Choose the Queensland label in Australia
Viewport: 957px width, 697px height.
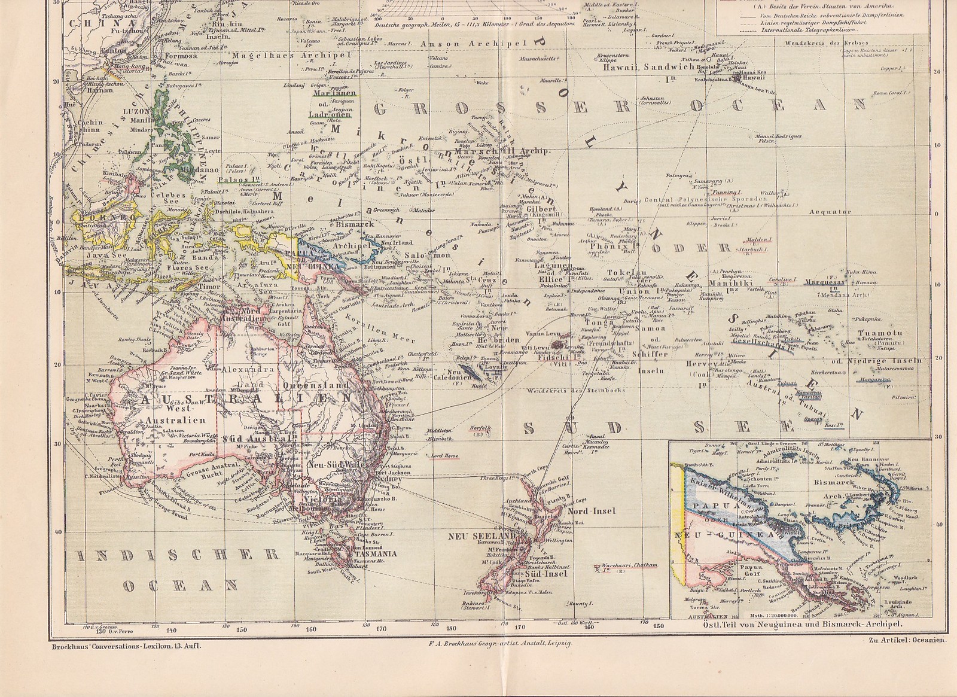pos(327,386)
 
